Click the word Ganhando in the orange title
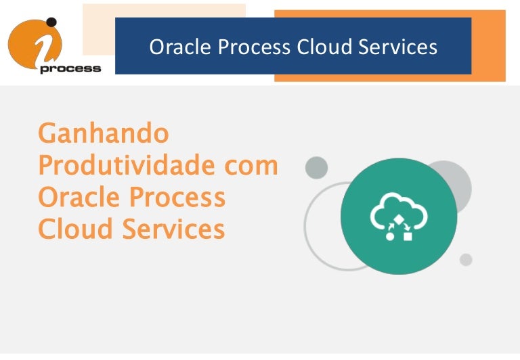click(104, 133)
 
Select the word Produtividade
click(126, 164)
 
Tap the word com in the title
click(251, 166)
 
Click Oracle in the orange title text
click(78, 197)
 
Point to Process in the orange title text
click(177, 197)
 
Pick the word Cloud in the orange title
click(75, 229)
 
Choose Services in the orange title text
click(174, 229)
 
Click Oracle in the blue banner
click(180, 47)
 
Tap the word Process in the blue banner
click(254, 47)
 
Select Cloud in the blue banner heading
click(324, 47)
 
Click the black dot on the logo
click(51, 22)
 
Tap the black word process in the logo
click(70, 69)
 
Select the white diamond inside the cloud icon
click(399, 219)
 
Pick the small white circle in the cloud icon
click(390, 236)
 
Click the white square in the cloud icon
click(408, 236)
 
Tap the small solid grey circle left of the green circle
click(316, 168)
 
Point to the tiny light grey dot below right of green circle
click(466, 260)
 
